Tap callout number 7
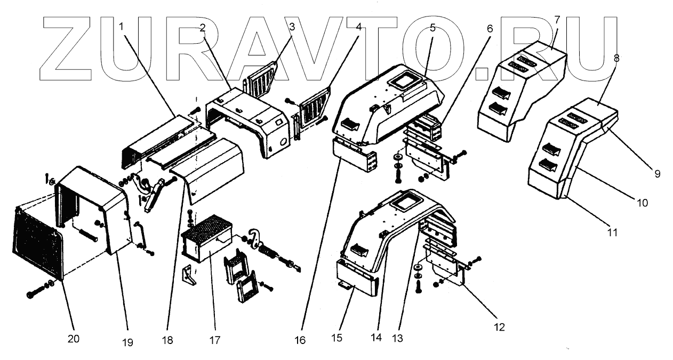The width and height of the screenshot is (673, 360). pos(557,20)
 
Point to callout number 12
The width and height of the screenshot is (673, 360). pos(499,326)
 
